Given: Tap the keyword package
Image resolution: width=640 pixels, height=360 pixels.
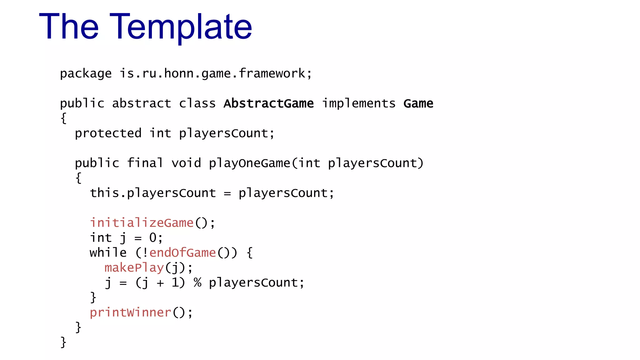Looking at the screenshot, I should click(x=86, y=74).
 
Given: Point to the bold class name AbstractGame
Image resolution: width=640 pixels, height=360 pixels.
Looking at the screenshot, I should click(x=268, y=103).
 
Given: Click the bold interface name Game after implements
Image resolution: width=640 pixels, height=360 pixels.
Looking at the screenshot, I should click(x=418, y=103).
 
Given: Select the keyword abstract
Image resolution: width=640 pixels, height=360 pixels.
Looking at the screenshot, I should click(x=142, y=103).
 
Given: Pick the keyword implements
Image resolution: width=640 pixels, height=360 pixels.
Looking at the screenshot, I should click(x=359, y=103).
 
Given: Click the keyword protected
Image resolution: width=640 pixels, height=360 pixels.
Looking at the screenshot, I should click(x=108, y=133).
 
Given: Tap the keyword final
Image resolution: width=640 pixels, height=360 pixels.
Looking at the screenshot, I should click(x=145, y=163).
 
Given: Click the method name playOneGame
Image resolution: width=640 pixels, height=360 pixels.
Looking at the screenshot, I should click(x=249, y=163).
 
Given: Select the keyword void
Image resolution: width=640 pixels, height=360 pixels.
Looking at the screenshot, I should click(x=186, y=163).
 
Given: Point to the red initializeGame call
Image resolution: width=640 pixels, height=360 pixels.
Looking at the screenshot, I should click(x=142, y=223).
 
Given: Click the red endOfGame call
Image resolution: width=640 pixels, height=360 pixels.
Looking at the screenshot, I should click(x=182, y=252).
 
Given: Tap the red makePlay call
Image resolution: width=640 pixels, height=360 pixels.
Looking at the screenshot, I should click(x=134, y=268).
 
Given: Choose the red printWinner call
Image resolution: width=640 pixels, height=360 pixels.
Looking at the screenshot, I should click(x=130, y=312).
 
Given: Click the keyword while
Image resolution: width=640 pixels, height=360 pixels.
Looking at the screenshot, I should click(x=108, y=252).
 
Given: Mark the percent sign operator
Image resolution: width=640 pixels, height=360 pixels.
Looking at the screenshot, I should click(x=197, y=282).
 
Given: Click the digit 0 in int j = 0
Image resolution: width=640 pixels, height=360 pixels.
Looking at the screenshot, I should click(x=153, y=238).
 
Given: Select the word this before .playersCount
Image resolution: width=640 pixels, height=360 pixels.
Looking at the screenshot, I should click(x=104, y=193).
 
